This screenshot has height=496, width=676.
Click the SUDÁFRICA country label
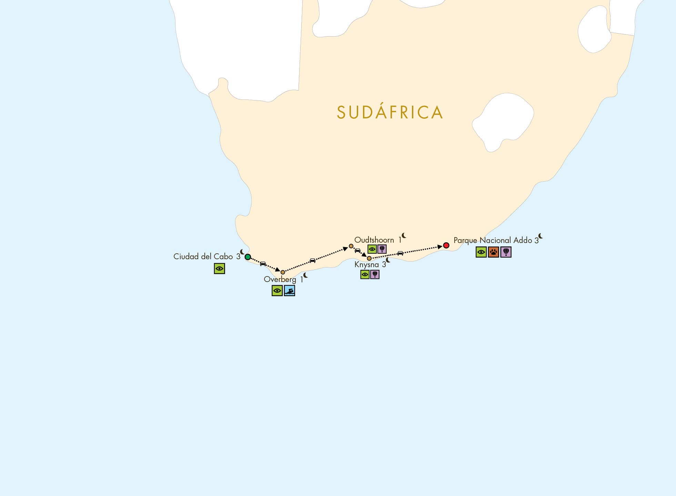(390, 113)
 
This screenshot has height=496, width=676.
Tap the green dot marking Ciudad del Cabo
(248, 257)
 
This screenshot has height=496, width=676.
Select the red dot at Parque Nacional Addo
(446, 245)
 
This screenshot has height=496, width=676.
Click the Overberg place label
(280, 279)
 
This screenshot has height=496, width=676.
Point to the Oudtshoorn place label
(374, 240)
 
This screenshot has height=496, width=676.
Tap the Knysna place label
(366, 265)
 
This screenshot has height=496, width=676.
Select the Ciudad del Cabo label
(203, 256)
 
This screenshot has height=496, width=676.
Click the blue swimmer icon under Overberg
(290, 291)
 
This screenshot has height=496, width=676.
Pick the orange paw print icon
(493, 252)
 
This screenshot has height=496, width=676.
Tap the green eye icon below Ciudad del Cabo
(219, 269)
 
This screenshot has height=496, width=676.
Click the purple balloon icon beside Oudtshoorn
(382, 249)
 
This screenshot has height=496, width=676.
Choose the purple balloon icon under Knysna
(375, 274)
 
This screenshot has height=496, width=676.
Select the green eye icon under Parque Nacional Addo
(481, 252)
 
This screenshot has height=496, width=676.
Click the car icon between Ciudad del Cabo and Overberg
(263, 264)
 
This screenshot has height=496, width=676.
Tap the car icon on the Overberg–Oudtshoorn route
(312, 261)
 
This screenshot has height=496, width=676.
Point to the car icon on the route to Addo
(400, 253)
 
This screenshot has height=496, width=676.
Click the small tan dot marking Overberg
(283, 272)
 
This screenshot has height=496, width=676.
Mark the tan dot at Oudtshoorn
(351, 246)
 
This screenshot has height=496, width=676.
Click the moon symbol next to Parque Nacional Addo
(541, 236)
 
